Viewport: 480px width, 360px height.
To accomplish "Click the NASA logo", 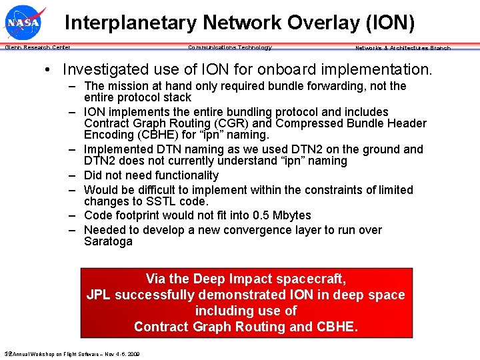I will coord(24,23).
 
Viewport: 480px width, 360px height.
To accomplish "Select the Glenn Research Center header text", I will coord(37,47).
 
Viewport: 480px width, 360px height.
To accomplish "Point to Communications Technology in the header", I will coord(230,47).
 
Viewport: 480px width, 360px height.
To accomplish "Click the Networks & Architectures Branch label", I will coord(403,48).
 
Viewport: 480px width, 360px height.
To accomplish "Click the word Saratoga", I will coord(108,241).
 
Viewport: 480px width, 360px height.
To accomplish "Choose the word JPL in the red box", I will coord(100,295).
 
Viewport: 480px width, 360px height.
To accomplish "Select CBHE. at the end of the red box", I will coord(337,327).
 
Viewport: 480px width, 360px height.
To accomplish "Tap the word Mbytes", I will coord(290,215).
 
